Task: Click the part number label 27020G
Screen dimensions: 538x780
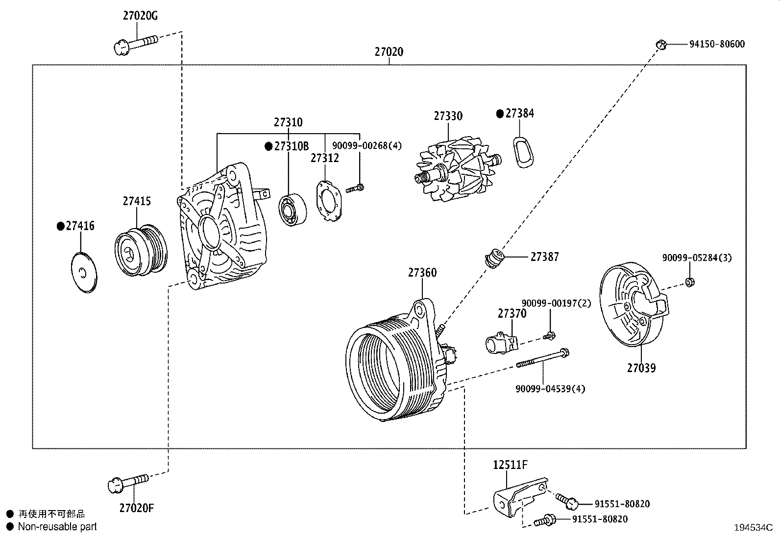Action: pyautogui.click(x=140, y=16)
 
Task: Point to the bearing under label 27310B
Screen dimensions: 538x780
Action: pyautogui.click(x=293, y=210)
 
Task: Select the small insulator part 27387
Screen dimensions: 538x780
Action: pyautogui.click(x=494, y=257)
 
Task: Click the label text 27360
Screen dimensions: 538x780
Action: pyautogui.click(x=422, y=273)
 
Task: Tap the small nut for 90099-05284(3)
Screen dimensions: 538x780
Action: pyautogui.click(x=690, y=282)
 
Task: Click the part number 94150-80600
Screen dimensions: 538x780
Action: pyautogui.click(x=717, y=44)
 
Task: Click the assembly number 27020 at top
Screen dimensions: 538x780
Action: pyautogui.click(x=389, y=52)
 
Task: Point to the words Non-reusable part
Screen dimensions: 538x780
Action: pyautogui.click(x=57, y=527)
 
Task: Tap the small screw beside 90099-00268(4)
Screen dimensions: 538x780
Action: pyautogui.click(x=355, y=188)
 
